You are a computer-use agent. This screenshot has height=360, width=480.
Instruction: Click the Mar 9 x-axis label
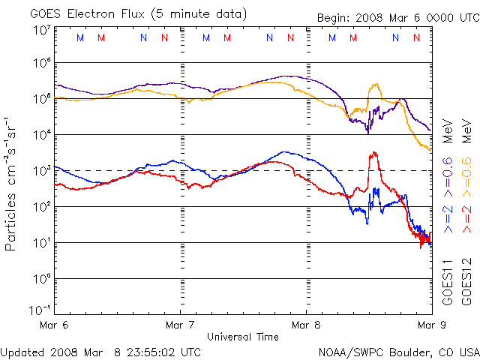point(427,325)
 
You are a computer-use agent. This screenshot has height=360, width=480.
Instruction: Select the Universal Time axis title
point(242,337)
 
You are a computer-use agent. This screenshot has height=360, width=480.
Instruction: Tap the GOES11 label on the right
point(448,281)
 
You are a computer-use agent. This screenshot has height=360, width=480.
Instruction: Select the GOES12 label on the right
point(466,281)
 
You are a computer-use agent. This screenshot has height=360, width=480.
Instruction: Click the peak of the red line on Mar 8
point(373,153)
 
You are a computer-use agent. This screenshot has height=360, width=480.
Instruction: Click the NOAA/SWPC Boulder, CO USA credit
point(398,352)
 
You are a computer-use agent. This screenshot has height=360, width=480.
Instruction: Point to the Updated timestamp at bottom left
point(101,352)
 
